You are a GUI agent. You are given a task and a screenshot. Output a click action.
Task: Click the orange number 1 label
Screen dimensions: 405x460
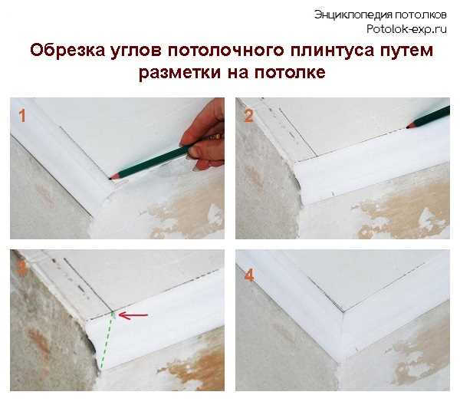pos(22,116)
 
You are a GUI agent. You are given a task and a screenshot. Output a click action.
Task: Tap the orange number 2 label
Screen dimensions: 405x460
pos(248,117)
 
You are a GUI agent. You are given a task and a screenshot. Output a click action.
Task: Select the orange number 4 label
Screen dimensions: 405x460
pos(248,274)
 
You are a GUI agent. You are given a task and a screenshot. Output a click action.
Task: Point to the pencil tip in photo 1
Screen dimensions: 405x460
pos(113,177)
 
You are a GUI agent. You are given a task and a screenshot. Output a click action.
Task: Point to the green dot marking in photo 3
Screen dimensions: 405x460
pos(112,312)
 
